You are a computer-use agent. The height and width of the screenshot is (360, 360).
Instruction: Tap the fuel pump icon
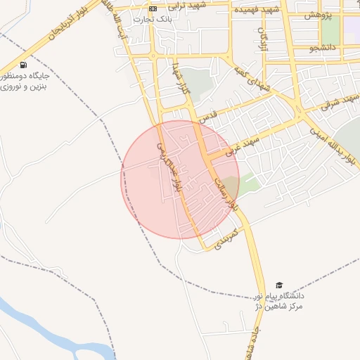coord(25,65)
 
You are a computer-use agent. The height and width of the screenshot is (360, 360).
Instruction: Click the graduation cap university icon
coord(280,284)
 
